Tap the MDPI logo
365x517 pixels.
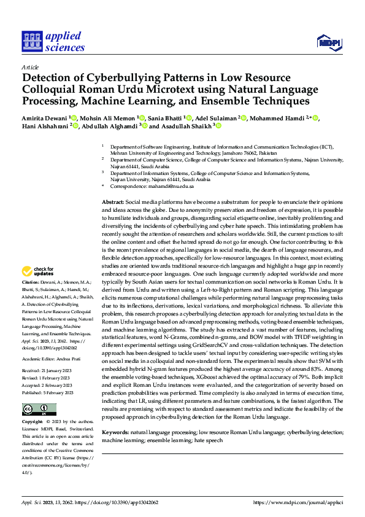click(x=328, y=42)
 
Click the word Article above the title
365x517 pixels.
click(x=29, y=67)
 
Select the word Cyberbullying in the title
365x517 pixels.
click(x=118, y=79)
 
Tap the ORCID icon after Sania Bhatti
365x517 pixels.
click(x=190, y=118)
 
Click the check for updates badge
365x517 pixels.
click(x=38, y=271)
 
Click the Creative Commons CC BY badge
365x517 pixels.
click(x=39, y=392)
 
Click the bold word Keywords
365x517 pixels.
click(x=115, y=416)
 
